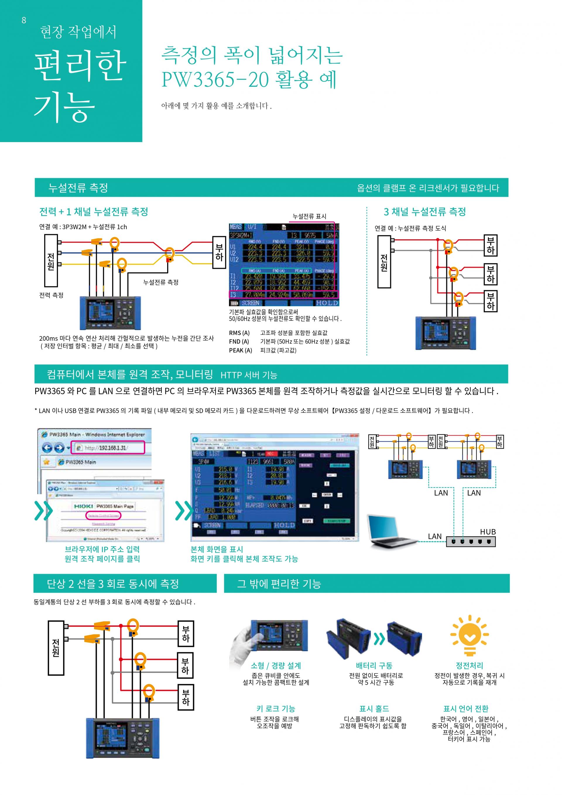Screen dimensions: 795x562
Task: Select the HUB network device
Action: pos(471,541)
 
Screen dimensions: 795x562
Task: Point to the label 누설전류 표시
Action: pos(309,216)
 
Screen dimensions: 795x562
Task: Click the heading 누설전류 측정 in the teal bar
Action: pos(78,188)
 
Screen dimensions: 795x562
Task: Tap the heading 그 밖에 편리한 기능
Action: pos(279,584)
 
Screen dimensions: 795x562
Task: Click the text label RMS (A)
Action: pos(239,333)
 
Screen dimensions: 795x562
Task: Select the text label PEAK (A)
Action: pos(241,350)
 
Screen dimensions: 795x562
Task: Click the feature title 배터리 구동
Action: pos(374,666)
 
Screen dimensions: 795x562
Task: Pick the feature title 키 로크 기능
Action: pos(275,709)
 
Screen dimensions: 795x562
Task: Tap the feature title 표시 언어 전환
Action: pos(466,709)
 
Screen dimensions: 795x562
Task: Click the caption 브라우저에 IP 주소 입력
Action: pos(102,549)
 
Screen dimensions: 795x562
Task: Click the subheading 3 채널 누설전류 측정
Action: pos(425,211)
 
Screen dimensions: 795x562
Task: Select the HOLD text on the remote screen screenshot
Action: pos(284,525)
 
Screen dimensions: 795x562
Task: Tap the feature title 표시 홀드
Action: pos(374,709)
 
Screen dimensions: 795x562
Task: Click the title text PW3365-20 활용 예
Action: pos(249,79)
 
